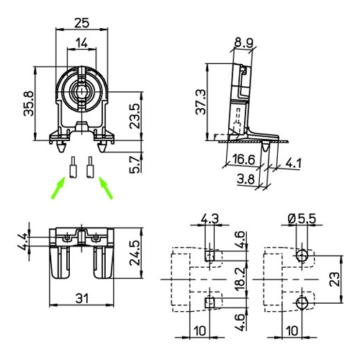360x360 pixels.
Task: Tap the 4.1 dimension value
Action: tap(293, 163)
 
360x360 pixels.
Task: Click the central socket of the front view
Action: tap(81, 92)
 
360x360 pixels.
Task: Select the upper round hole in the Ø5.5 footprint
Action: tap(302, 255)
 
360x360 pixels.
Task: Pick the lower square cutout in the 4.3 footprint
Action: tap(210, 301)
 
